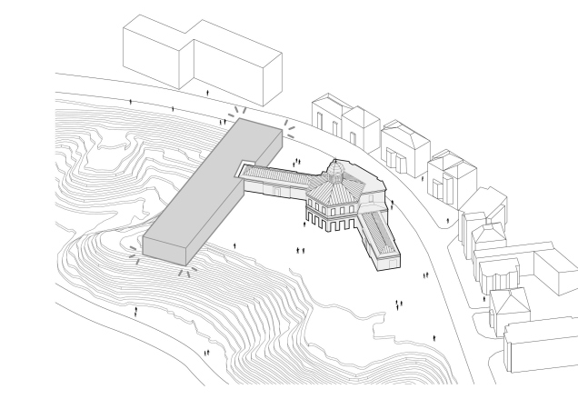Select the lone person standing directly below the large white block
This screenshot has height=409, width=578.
coord(208,93)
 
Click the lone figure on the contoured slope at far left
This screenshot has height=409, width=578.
coord(136,311)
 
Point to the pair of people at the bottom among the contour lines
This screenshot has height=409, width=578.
coord(207,352)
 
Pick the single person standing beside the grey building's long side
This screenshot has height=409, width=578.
coord(234,245)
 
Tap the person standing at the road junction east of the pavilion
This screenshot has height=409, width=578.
coord(447,219)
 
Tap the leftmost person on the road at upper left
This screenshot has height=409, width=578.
coord(131,103)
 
